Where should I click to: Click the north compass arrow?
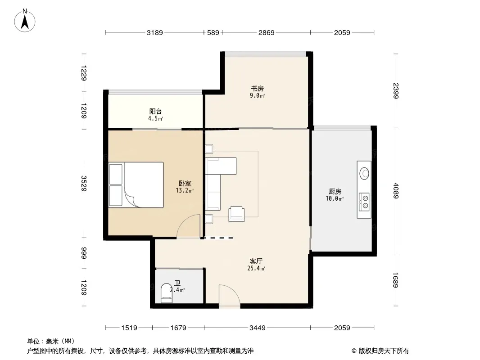[x=25, y=22]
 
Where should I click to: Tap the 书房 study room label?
[x=257, y=89]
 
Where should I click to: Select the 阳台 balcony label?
[x=155, y=111]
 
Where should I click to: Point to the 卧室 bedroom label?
[x=185, y=184]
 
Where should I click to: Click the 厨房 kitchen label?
[x=335, y=191]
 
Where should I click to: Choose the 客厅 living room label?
[x=256, y=261]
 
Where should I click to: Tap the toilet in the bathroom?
[x=167, y=293]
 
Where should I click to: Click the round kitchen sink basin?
[x=364, y=173]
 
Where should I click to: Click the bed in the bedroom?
[x=136, y=185]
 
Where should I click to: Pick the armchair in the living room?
[x=236, y=213]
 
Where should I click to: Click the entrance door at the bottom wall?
[x=229, y=296]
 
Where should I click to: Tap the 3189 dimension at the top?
[x=154, y=32]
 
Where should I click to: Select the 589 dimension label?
[x=213, y=32]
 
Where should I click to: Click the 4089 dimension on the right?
[x=396, y=190]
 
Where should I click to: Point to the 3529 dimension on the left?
[x=84, y=183]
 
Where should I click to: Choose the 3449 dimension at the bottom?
[x=258, y=328]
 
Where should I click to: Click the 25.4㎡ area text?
[x=256, y=269]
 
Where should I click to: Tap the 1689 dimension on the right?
[x=396, y=280]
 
